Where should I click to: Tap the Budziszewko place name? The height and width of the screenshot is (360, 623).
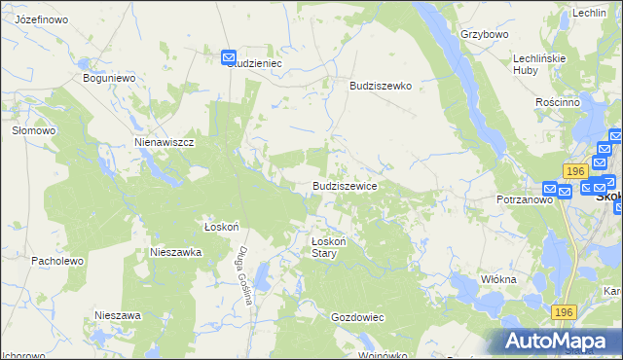pos(381,86)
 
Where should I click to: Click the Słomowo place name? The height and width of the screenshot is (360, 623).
pos(31,129)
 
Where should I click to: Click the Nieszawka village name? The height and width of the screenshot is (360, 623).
pos(175,251)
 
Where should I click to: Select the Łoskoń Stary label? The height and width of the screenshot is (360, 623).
pos(322,247)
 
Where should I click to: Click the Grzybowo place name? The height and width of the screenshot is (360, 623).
pos(485,34)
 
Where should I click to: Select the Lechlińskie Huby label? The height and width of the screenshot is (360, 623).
pos(539,64)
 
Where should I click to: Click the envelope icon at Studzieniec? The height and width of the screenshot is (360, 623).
pos(229,57)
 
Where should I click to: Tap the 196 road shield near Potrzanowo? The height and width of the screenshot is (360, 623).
pos(574,171)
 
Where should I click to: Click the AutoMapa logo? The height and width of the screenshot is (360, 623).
pos(557,341)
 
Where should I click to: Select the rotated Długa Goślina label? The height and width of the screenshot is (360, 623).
pos(243,275)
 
